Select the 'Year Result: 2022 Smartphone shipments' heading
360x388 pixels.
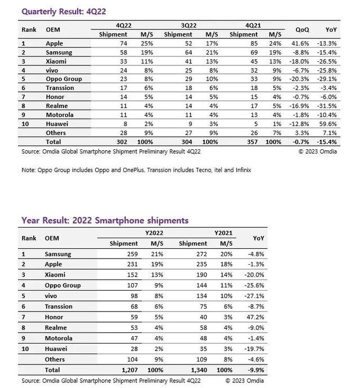(x=105, y=220)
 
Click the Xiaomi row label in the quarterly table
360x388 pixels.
(x=56, y=61)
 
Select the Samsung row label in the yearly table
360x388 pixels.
(x=58, y=254)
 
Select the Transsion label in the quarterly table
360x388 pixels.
(x=60, y=87)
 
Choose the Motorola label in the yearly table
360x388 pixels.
(x=58, y=338)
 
